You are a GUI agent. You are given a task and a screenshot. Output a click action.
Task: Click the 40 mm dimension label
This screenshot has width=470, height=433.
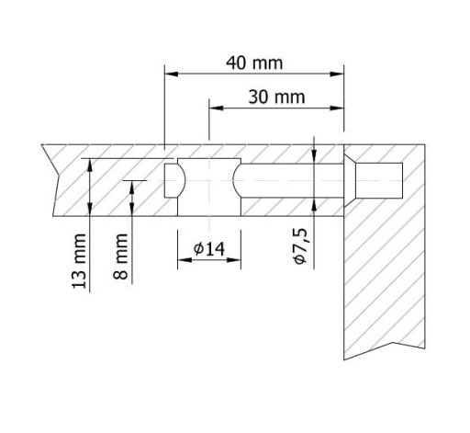(x=254, y=63)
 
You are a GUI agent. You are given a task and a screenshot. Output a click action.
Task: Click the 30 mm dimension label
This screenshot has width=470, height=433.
(x=276, y=97)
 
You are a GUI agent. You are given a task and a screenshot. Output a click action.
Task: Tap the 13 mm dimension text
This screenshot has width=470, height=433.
(x=79, y=261)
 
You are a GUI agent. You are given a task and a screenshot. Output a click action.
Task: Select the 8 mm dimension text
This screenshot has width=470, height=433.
(x=120, y=256)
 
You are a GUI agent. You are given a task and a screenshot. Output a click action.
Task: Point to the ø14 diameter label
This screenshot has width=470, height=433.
(x=209, y=248)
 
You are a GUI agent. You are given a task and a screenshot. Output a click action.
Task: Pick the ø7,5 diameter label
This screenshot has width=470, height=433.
(x=300, y=246)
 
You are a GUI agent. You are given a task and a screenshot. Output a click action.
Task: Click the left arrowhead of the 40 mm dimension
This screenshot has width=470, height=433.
(x=172, y=74)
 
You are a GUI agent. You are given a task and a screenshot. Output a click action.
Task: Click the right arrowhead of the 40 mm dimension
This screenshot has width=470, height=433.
(x=338, y=74)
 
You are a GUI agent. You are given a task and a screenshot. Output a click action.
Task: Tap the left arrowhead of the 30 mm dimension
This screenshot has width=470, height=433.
(x=216, y=108)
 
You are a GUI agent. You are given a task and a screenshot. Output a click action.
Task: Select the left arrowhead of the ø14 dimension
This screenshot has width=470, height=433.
(x=185, y=260)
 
